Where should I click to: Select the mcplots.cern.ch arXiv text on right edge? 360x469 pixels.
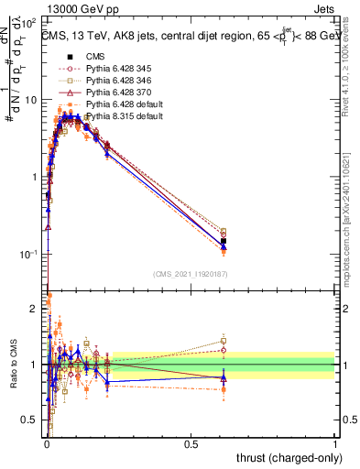coord(352,215)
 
